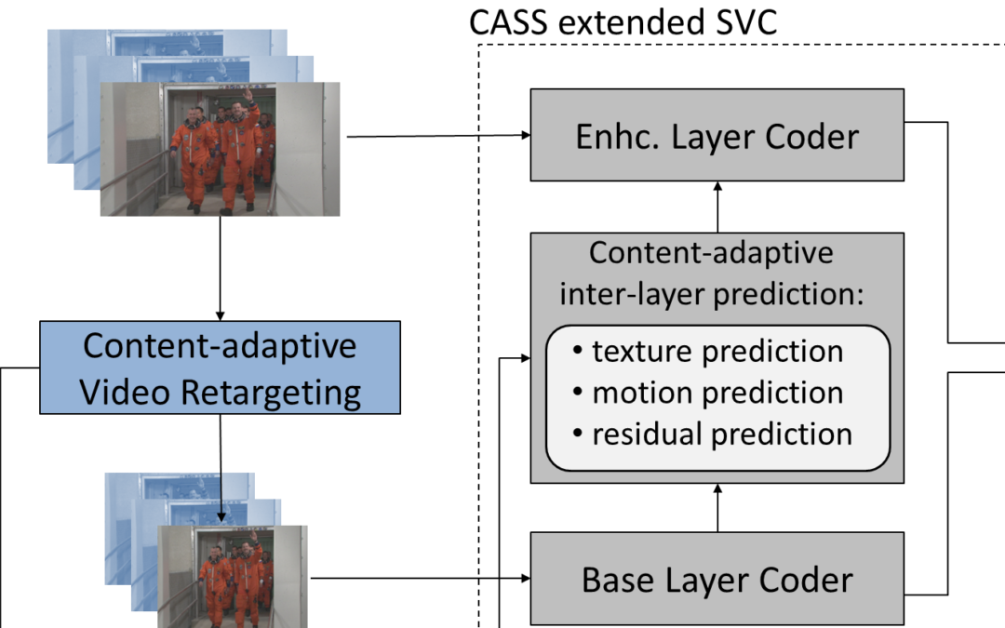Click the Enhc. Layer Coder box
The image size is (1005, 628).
pos(717,135)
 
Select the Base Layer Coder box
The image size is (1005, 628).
pos(717,579)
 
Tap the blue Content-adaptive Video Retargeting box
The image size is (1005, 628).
pos(221,367)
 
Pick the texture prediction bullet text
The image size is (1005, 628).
pos(717,352)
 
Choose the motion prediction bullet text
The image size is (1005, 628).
pos(717,393)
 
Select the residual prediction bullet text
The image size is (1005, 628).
pos(722,434)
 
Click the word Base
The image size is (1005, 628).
pos(616,581)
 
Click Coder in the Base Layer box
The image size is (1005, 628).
pos(805,581)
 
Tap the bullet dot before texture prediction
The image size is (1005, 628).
pos(578,352)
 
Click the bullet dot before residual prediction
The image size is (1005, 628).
pos(578,434)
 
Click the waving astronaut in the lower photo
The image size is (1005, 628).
pos(248,577)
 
